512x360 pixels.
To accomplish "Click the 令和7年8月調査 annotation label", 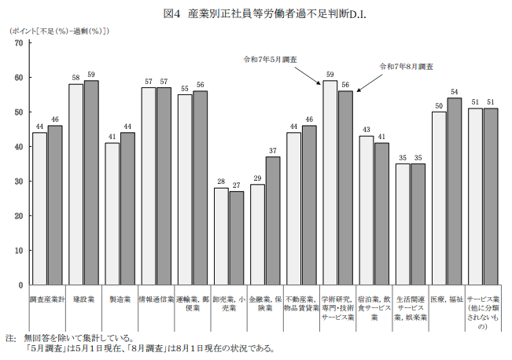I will (406, 67).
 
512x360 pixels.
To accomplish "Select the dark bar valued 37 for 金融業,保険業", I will (272, 220).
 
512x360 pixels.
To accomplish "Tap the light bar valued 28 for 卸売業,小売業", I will (221, 236).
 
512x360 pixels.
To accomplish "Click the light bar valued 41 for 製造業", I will (112, 213).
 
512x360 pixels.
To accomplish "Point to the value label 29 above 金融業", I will (257, 179).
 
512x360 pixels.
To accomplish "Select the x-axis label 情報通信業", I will (156, 299).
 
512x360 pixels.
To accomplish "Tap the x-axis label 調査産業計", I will (47, 299).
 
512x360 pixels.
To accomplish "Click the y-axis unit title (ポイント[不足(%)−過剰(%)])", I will (59, 31).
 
